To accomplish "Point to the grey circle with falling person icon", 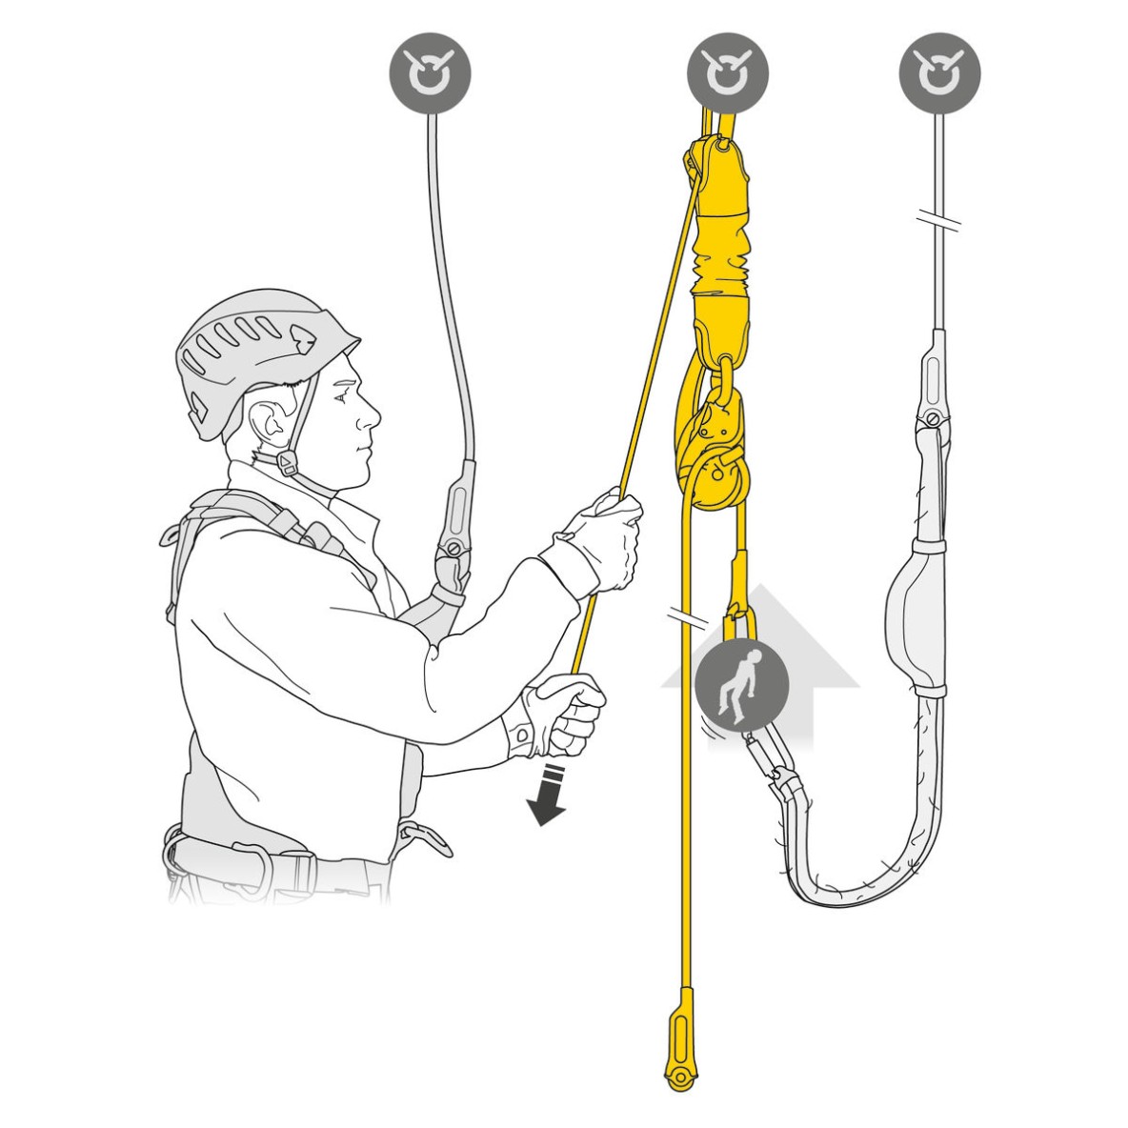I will pos(742,685).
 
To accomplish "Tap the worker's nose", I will pos(369,412).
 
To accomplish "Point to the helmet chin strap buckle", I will pos(286,463).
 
